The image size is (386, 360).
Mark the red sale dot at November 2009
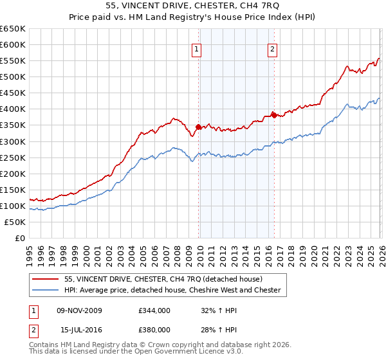point(198,127)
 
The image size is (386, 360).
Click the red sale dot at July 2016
point(274,115)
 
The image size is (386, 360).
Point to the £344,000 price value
point(154,310)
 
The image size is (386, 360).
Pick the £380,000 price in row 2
point(154,329)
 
